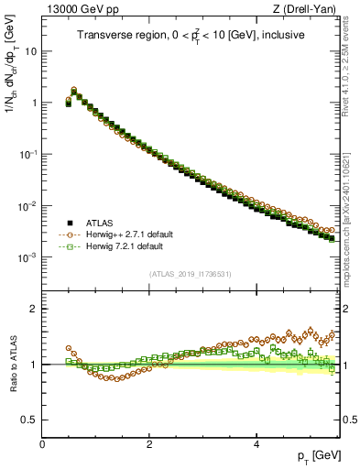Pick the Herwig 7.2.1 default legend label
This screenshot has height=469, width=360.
[x=124, y=246]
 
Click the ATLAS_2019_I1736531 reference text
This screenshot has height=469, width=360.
[x=191, y=274]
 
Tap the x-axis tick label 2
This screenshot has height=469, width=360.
[x=149, y=442]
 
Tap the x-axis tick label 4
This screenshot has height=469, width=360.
[x=256, y=442]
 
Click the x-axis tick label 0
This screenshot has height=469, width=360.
[x=43, y=442]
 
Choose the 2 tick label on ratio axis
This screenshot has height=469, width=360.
[x=33, y=309]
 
